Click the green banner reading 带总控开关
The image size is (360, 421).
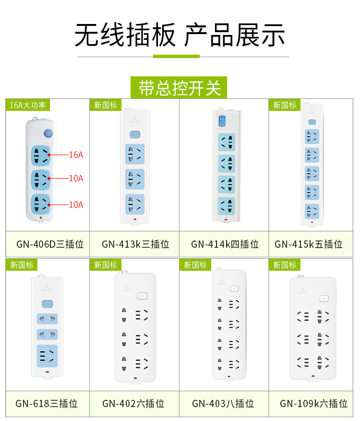pyautogui.click(x=180, y=88)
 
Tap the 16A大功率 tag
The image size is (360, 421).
pyautogui.click(x=28, y=105)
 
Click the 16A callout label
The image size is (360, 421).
pyautogui.click(x=76, y=155)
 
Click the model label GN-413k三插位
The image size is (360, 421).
pyautogui.click(x=135, y=244)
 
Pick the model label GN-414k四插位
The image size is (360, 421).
pyautogui.click(x=225, y=244)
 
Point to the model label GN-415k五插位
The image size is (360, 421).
pyautogui.click(x=309, y=244)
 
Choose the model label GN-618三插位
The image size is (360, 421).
pyautogui.click(x=47, y=403)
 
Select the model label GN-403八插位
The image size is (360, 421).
pyautogui.click(x=223, y=403)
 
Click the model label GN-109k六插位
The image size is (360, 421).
pyautogui.click(x=314, y=403)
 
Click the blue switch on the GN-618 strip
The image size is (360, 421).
pyautogui.click(x=47, y=304)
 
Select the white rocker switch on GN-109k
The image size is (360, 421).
pyautogui.click(x=324, y=299)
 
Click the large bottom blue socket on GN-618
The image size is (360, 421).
pyautogui.click(x=47, y=356)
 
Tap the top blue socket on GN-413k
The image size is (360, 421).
pyautogui.click(x=134, y=154)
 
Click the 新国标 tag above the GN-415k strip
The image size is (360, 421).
pyautogui.click(x=285, y=105)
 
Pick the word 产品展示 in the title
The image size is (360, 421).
pyautogui.click(x=235, y=35)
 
